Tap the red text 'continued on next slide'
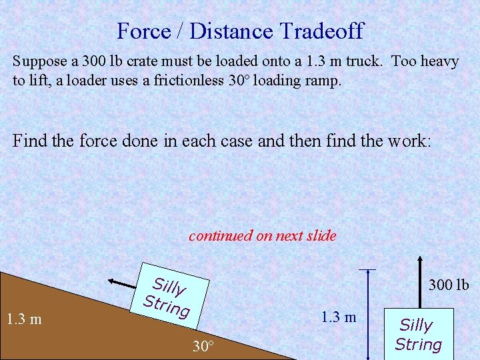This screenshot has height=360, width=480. pyautogui.click(x=262, y=235)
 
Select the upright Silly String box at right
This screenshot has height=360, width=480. pyautogui.click(x=418, y=334)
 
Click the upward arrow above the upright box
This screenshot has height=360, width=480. pyautogui.click(x=419, y=280)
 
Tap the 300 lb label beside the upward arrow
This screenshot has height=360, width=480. pyautogui.click(x=449, y=285)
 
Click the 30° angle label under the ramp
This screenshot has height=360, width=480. pyautogui.click(x=203, y=347)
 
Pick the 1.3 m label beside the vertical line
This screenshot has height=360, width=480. pyautogui.click(x=339, y=317)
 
